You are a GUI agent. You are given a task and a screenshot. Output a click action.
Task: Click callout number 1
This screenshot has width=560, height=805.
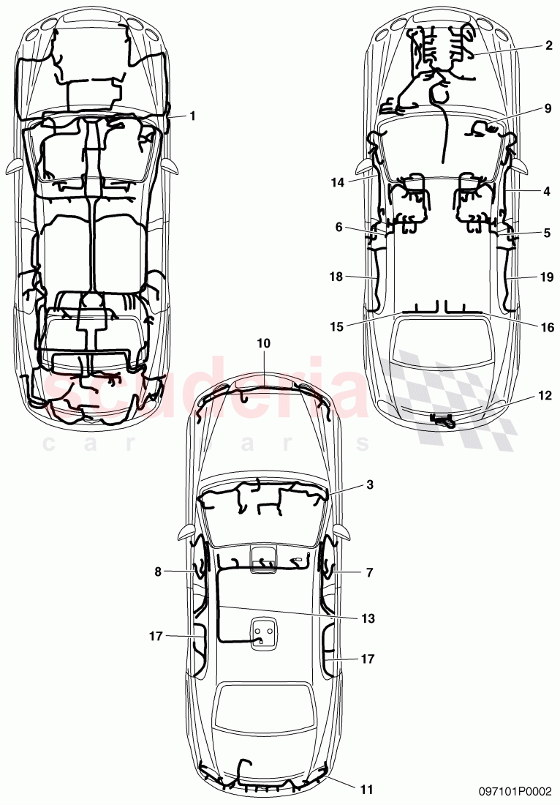pyautogui.click(x=192, y=116)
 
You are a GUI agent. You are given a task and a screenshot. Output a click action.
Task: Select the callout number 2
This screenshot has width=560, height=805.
pyautogui.click(x=548, y=45)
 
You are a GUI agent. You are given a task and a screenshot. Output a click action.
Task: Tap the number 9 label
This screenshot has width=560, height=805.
pyautogui.click(x=548, y=108)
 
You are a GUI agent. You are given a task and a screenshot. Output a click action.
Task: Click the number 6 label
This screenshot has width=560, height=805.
pyautogui.click(x=338, y=227)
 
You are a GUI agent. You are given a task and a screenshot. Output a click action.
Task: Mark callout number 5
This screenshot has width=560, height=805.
pyautogui.click(x=548, y=233)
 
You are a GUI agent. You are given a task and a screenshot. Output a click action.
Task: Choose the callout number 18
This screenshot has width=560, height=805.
pyautogui.click(x=336, y=276)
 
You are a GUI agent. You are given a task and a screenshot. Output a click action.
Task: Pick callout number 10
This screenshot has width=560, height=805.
pyautogui.click(x=263, y=342)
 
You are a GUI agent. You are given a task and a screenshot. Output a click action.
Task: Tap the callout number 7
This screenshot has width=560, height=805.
pyautogui.click(x=369, y=573)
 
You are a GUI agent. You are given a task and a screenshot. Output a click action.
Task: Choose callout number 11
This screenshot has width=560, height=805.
pyautogui.click(x=366, y=789)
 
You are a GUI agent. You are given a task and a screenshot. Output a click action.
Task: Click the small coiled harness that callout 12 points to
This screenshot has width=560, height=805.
pyautogui.click(x=443, y=420)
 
